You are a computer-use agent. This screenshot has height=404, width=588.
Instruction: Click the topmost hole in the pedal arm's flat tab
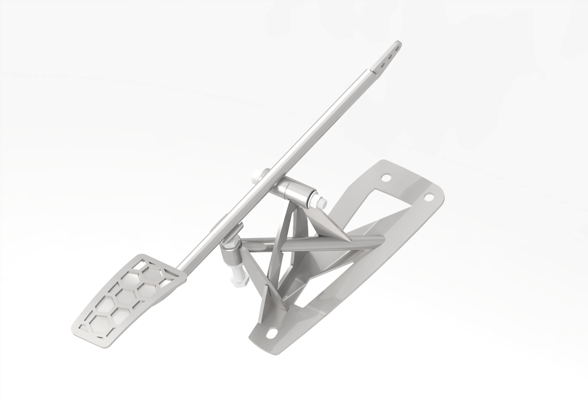[398, 47]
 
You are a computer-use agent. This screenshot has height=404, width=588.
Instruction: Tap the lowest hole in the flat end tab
[383, 65]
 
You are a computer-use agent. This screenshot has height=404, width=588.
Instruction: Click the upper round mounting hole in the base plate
[386, 178]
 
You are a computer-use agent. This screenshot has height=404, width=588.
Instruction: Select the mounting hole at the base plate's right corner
[428, 197]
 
